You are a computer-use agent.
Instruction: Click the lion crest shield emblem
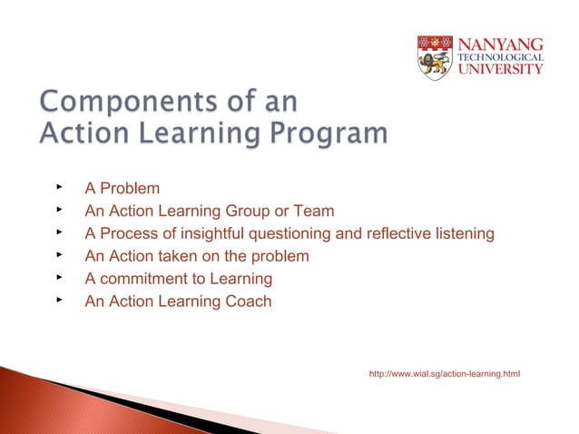pos(435,57)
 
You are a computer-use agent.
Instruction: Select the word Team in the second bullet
pos(313,212)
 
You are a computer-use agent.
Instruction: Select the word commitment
pos(142,279)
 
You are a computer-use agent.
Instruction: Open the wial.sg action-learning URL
pos(445,374)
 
